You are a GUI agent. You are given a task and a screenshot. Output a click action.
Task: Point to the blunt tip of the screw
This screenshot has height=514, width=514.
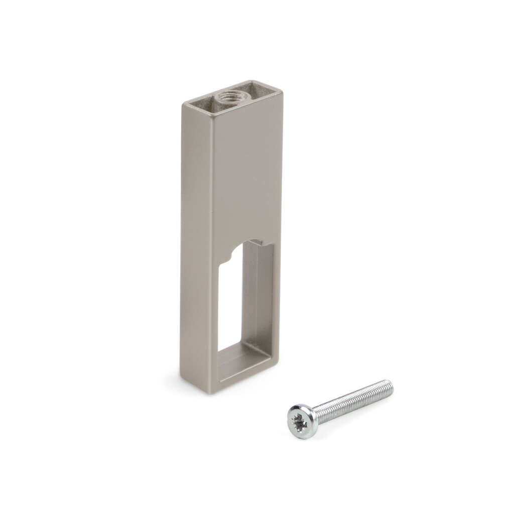pyautogui.click(x=390, y=387)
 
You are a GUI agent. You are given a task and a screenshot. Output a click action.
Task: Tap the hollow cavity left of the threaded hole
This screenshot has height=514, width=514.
pyautogui.click(x=201, y=102)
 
